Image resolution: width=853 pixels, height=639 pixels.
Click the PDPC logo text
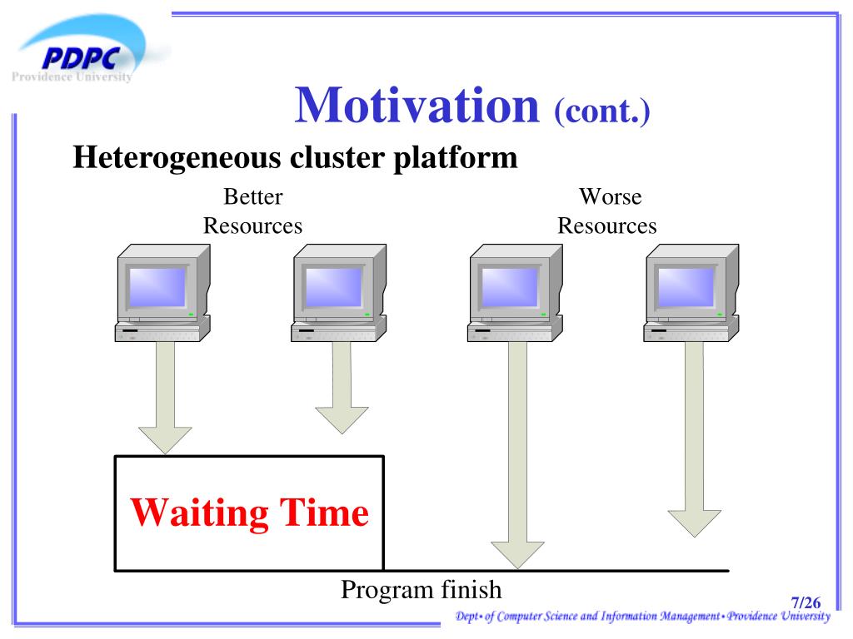click(x=81, y=58)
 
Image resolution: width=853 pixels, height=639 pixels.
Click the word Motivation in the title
click(x=417, y=105)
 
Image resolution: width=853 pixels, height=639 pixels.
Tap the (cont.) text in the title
click(x=602, y=111)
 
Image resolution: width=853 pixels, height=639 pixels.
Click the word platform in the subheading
click(x=456, y=158)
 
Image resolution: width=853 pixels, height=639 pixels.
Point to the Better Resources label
click(x=253, y=211)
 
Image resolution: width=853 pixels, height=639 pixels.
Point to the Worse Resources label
click(x=607, y=211)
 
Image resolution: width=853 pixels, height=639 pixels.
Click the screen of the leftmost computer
click(x=157, y=287)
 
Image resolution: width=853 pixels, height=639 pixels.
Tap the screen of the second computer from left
click(x=333, y=287)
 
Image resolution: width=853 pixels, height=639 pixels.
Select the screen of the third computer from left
click(x=510, y=287)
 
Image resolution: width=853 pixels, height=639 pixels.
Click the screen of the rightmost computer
click(x=686, y=287)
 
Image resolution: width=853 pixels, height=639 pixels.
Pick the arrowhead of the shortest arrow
click(x=342, y=420)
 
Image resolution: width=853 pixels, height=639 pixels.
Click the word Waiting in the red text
click(x=199, y=513)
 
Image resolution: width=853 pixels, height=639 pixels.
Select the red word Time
click(x=324, y=512)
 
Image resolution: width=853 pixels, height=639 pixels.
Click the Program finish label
click(x=421, y=590)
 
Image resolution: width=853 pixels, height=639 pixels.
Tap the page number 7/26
click(x=806, y=602)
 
